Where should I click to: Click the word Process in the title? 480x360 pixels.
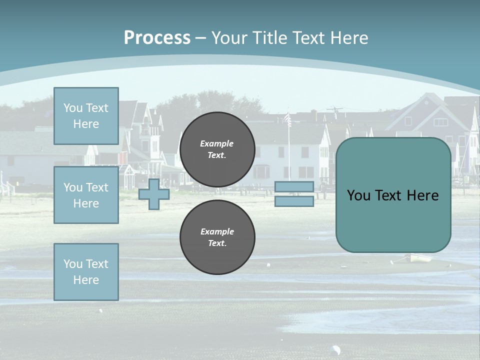157,38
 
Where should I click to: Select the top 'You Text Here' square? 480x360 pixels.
86,116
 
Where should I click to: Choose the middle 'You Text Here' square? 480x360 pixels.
86,195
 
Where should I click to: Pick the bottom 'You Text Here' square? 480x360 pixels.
86,272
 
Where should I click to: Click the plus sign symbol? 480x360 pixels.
154,194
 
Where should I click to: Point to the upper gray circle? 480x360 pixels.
217,149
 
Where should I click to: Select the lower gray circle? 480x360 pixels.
217,237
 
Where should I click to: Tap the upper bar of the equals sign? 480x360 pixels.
294,187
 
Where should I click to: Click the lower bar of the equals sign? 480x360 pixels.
294,201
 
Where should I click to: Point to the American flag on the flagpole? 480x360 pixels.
287,119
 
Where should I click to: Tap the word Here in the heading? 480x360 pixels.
349,38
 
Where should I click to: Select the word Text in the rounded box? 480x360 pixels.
393,195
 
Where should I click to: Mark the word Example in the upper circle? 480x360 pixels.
217,143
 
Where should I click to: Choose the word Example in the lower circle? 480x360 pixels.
217,231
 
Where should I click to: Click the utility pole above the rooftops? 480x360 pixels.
334,112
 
